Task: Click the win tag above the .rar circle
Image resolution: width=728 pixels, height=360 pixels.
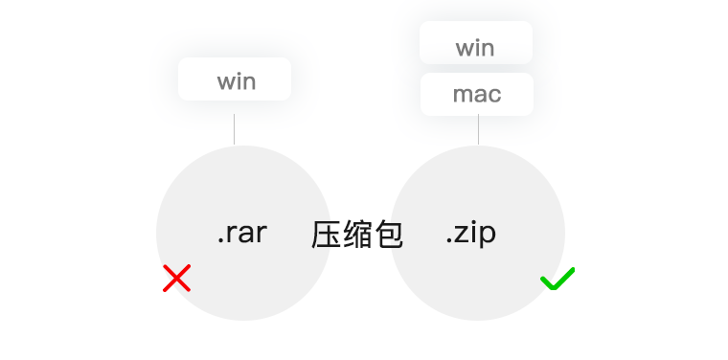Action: click(x=235, y=79)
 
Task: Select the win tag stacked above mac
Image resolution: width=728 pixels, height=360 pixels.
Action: click(x=475, y=47)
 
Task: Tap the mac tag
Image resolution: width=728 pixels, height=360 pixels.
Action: click(x=476, y=95)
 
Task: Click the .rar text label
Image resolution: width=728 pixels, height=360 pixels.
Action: click(x=241, y=233)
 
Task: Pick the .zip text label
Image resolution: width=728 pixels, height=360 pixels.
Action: click(x=470, y=233)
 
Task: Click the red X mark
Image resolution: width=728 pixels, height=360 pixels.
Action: click(x=176, y=279)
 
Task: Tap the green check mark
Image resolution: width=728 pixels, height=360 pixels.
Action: click(x=557, y=279)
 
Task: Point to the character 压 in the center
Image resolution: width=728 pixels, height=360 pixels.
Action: click(x=327, y=234)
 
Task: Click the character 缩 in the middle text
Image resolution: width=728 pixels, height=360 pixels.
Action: click(x=357, y=234)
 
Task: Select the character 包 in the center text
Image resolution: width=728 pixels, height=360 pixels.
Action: click(x=388, y=234)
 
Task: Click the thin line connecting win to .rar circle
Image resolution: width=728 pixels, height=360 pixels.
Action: click(x=234, y=129)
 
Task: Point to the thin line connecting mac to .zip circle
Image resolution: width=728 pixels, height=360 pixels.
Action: click(x=478, y=130)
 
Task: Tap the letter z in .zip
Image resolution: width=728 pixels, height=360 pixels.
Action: click(x=463, y=234)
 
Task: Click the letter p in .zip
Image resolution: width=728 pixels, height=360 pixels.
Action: click(x=487, y=236)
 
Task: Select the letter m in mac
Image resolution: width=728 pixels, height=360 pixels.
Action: click(x=461, y=96)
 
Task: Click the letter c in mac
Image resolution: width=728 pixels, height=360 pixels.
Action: click(x=494, y=96)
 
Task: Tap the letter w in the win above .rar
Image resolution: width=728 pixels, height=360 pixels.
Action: click(x=225, y=81)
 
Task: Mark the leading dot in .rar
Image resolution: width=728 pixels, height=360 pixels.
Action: click(x=219, y=241)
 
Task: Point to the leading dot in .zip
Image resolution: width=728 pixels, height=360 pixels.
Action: click(x=448, y=241)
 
